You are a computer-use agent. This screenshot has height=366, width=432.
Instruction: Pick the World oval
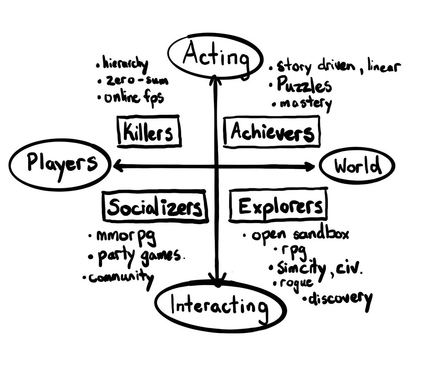point(357,166)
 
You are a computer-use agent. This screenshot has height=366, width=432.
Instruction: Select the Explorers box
point(279,207)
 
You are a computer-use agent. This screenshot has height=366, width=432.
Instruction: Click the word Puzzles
point(304,85)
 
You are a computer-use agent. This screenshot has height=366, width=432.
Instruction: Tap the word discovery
point(340,299)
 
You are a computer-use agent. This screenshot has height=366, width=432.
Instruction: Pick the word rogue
point(296,283)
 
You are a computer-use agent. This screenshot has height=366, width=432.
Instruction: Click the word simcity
point(301,268)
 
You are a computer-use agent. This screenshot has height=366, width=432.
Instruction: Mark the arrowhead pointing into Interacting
point(218,278)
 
